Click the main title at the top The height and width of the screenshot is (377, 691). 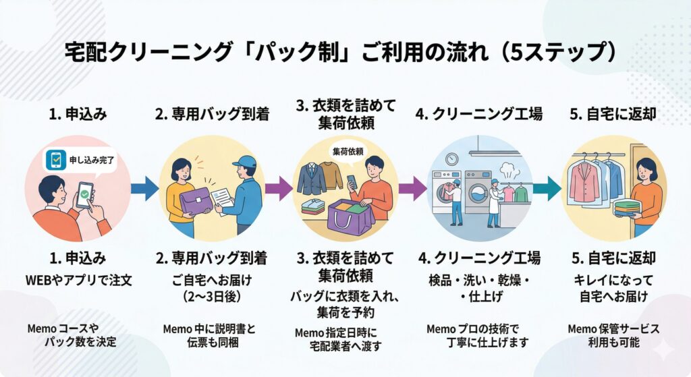pyautogui.click(x=345, y=52)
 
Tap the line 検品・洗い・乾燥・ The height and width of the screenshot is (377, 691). pyautogui.click(x=477, y=279)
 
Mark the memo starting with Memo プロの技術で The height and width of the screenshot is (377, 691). pyautogui.click(x=477, y=335)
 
